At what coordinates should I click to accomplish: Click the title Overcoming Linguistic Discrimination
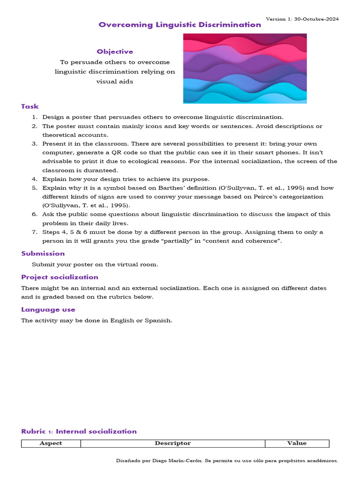pyautogui.click(x=180, y=25)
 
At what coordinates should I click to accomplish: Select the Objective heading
pyautogui.click(x=115, y=52)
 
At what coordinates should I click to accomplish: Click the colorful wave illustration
pyautogui.click(x=245, y=68)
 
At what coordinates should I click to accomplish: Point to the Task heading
pyautogui.click(x=30, y=106)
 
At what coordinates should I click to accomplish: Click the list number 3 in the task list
pyautogui.click(x=34, y=144)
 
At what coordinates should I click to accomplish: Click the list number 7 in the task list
pyautogui.click(x=34, y=232)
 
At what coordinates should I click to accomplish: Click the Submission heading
pyautogui.click(x=43, y=254)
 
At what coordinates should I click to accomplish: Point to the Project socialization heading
pyautogui.click(x=60, y=277)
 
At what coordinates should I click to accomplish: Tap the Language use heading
pyautogui.click(x=48, y=309)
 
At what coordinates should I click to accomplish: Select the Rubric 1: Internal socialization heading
pyautogui.click(x=79, y=431)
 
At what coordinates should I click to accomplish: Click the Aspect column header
pyautogui.click(x=51, y=443)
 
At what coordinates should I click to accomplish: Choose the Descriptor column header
pyautogui.click(x=172, y=443)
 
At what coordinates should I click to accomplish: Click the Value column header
pyautogui.click(x=297, y=443)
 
